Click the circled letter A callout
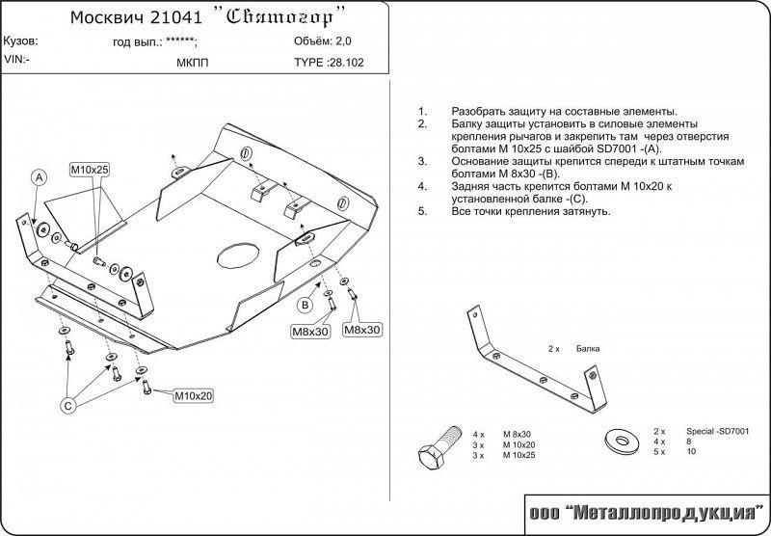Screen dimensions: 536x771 [39, 177]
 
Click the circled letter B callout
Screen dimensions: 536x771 [305, 306]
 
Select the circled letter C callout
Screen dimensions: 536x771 [68, 406]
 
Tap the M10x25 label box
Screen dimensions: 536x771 [90, 170]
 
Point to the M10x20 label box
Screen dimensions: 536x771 [194, 395]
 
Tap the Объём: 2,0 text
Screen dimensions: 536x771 [324, 41]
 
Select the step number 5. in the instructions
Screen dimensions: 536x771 [423, 211]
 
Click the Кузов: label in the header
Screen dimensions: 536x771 [21, 42]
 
